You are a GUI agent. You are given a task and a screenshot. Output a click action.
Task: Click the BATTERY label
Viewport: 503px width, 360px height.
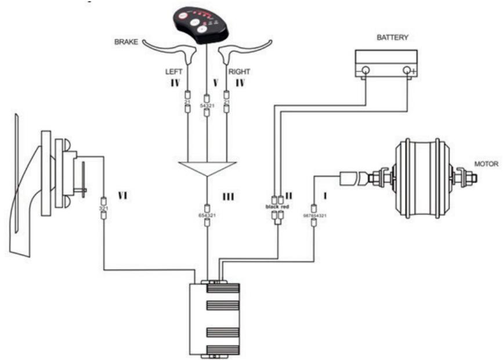[x=392, y=38]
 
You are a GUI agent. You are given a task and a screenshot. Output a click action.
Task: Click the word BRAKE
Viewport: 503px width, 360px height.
[x=127, y=42]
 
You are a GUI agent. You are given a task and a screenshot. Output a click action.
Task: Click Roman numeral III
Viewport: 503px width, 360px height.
[x=228, y=197]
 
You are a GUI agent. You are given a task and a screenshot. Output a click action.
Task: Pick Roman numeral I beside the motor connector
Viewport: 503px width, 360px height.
[x=326, y=197]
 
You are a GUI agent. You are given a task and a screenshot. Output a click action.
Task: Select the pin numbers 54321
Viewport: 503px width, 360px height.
[x=207, y=106]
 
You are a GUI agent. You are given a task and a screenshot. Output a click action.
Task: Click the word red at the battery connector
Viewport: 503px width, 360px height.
[x=285, y=206]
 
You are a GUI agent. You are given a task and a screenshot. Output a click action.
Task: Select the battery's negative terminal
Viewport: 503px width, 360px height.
[x=366, y=71]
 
